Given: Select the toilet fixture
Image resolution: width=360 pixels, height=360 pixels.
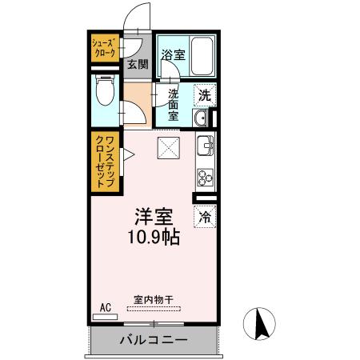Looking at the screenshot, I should click(x=104, y=94).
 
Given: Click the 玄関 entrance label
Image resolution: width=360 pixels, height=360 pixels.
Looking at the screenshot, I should click(x=137, y=65).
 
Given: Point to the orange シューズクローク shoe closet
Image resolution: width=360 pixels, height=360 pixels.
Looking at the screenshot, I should click(x=104, y=47).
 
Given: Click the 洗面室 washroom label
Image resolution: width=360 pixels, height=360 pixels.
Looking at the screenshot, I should click(x=173, y=105).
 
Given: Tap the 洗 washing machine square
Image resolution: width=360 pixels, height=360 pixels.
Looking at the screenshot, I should click(x=205, y=94).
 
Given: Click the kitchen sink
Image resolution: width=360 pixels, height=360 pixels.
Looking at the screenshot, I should click(x=205, y=147).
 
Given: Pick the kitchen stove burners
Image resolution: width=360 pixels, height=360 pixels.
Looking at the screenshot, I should click(x=205, y=175).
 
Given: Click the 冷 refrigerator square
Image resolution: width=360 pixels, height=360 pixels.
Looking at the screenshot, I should click(x=205, y=215).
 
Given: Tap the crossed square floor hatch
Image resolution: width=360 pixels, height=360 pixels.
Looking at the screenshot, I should click(x=167, y=147).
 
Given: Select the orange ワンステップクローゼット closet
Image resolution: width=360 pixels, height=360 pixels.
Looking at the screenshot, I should click(x=104, y=162).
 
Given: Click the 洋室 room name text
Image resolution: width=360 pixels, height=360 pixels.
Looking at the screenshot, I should click(x=153, y=216).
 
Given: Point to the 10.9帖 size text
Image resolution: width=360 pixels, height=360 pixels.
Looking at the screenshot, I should click(x=153, y=237).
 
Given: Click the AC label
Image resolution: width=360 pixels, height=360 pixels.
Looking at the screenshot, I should click(x=104, y=306).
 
